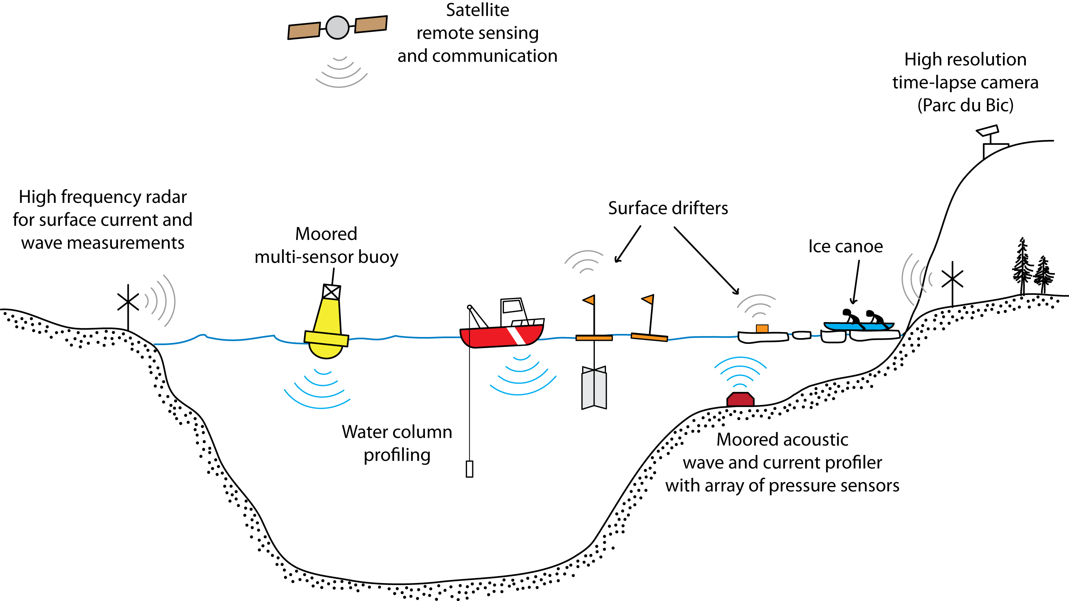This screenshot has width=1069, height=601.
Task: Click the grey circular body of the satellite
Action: click(337, 28)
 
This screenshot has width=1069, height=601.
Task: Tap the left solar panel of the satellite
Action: click(304, 31)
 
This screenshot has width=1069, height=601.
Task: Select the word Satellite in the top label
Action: click(477, 10)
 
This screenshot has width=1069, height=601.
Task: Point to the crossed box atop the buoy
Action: click(331, 292)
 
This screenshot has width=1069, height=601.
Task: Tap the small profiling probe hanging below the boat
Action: click(469, 469)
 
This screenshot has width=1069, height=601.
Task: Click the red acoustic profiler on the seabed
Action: click(740, 399)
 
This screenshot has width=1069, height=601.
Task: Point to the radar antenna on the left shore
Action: click(128, 302)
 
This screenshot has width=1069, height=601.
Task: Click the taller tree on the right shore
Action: click(1022, 266)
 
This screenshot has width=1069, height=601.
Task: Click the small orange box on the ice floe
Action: click(762, 329)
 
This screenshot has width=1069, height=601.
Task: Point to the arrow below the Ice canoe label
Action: click(856, 282)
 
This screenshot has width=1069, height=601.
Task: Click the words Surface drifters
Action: click(668, 208)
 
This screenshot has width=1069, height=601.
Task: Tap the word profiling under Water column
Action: click(397, 455)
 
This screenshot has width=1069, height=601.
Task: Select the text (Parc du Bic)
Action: click(965, 105)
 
